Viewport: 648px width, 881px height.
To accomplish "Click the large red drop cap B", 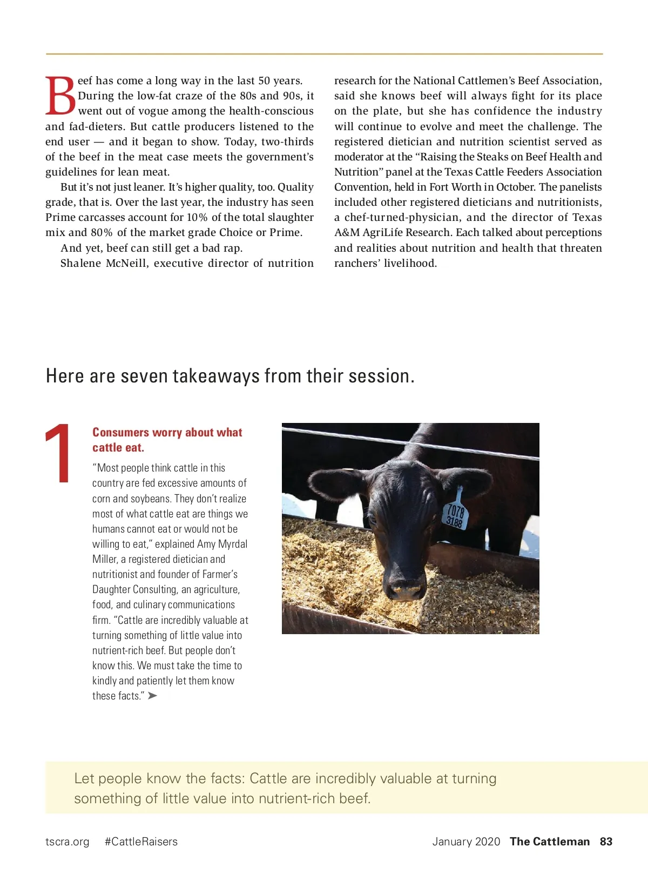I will [60, 96].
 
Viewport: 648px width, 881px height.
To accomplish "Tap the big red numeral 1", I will [59, 453].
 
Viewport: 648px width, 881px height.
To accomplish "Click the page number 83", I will [606, 842].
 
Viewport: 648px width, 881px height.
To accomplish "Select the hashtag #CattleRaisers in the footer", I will [141, 842].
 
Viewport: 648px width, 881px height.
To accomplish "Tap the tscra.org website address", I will [67, 842].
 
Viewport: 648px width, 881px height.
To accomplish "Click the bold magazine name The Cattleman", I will [550, 842].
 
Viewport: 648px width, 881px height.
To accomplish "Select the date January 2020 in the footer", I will [466, 842].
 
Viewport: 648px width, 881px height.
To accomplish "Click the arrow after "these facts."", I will [152, 696].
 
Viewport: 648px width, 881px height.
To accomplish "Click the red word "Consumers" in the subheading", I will [120, 433].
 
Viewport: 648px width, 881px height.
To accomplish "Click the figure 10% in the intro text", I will [197, 218].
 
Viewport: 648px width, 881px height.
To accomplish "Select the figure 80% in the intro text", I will [102, 233].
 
